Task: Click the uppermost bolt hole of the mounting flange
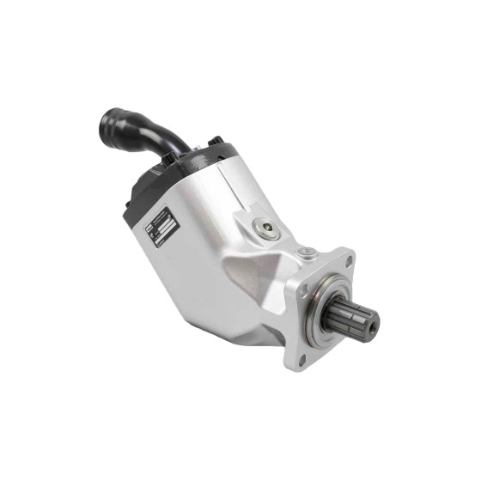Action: pyautogui.click(x=345, y=259)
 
